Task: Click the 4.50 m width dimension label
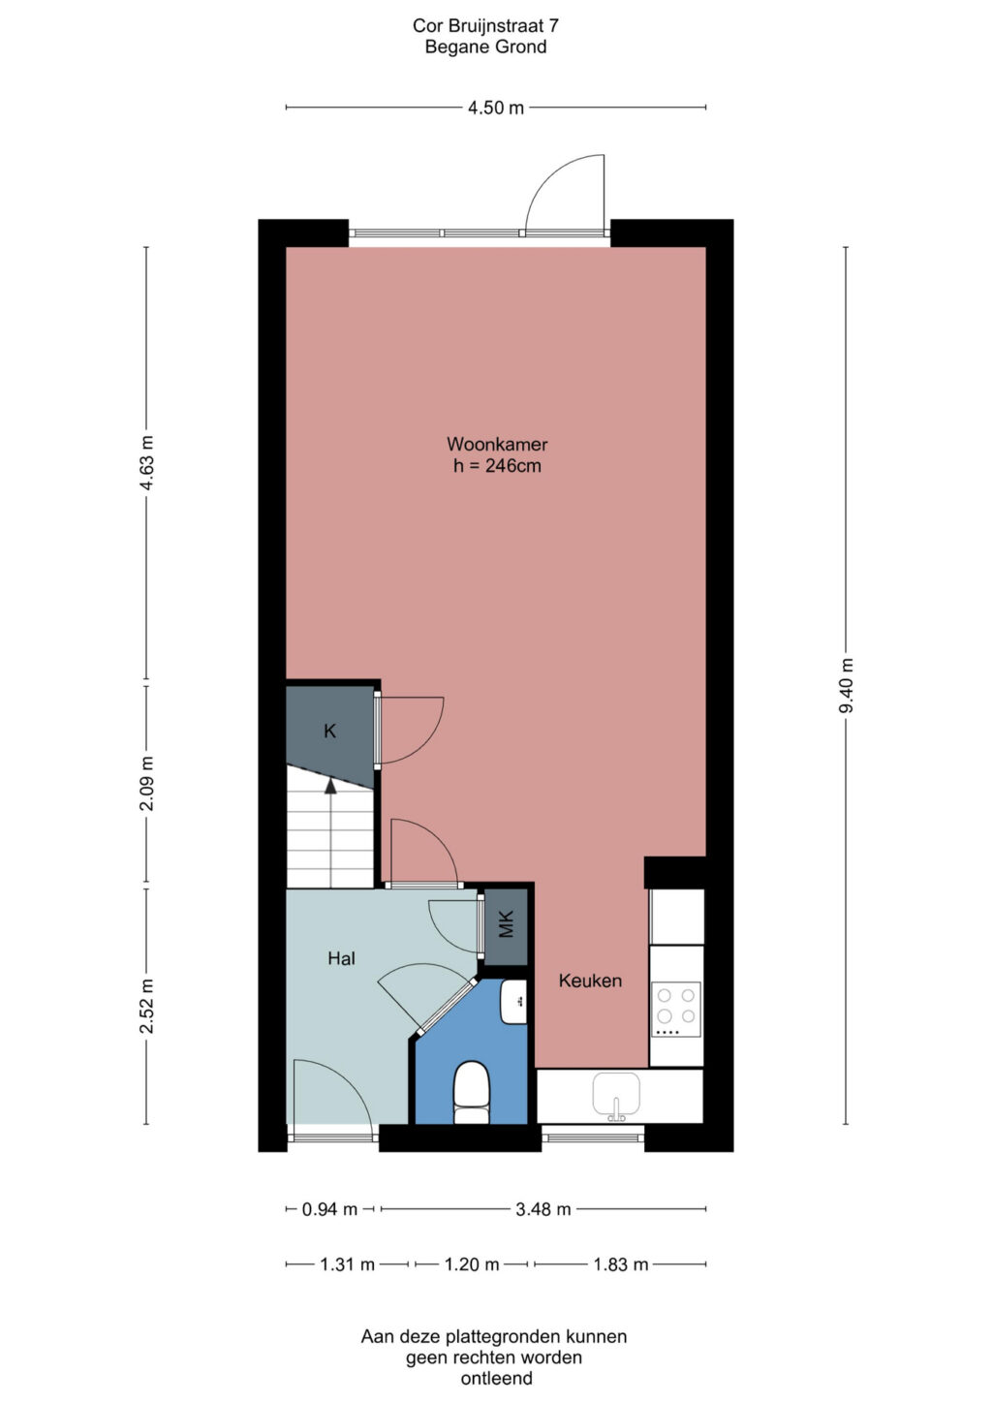coord(495,108)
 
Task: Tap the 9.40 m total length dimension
coord(846,685)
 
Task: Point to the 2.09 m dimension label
coord(146,784)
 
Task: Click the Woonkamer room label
coord(497,444)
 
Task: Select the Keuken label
coord(590,981)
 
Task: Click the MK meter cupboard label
coord(506,923)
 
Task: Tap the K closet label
coord(329,731)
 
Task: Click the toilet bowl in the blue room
coord(471,1092)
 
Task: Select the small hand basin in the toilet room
coord(513,1002)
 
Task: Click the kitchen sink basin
coord(616,1096)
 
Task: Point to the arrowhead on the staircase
coord(330,786)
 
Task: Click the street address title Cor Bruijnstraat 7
coord(485,26)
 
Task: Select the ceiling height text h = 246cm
coord(497,466)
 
